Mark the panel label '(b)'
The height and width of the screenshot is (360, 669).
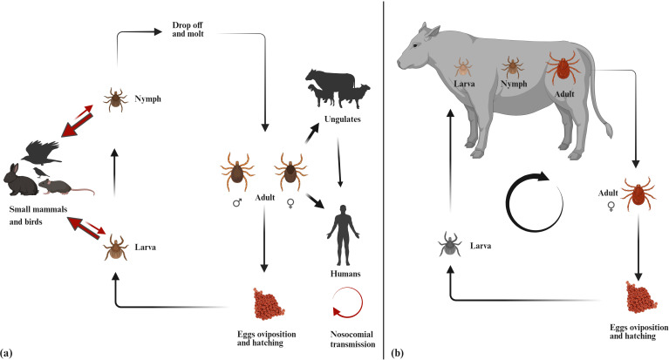coord(397,352)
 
